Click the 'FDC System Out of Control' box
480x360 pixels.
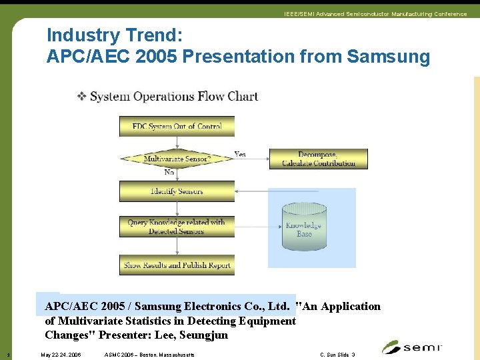(177, 126)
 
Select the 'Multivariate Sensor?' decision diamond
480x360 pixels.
(177, 159)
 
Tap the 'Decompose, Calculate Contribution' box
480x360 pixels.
(318, 159)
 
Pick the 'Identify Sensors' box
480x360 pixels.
(177, 191)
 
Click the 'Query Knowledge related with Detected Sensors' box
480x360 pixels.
(177, 227)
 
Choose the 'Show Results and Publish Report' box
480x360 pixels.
(177, 265)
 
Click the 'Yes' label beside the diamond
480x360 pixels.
(239, 154)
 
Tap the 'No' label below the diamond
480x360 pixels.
(169, 173)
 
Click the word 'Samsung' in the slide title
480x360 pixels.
(389, 57)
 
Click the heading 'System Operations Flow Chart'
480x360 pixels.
(173, 97)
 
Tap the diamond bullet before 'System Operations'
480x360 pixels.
(81, 96)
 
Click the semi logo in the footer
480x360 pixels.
(411, 347)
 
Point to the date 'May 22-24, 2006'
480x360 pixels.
(61, 355)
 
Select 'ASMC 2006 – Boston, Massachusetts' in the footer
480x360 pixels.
(150, 355)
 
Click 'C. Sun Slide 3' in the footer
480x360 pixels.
(337, 355)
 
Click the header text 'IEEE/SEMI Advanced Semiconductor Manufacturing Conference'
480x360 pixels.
(375, 14)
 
